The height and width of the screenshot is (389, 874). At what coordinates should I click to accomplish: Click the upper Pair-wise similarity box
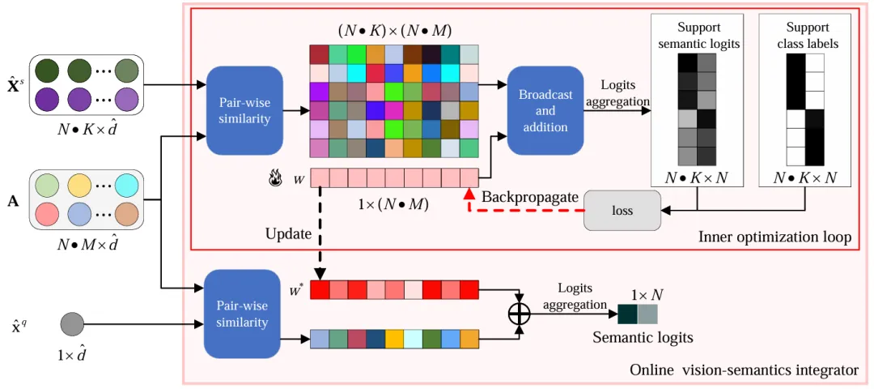coord(244,111)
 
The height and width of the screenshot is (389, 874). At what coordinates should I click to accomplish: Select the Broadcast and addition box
coord(545,111)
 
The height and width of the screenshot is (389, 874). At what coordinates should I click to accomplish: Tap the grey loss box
coord(622,210)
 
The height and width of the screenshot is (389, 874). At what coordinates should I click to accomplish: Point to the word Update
coord(288,234)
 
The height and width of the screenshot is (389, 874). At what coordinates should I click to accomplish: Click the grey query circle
coord(72,325)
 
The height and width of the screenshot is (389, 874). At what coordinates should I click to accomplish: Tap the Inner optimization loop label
coord(774,237)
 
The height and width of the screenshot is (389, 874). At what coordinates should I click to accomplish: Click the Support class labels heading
coord(808,36)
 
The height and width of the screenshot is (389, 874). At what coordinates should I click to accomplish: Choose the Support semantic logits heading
coord(698,36)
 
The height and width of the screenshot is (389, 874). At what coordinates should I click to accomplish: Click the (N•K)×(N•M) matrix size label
coord(394,31)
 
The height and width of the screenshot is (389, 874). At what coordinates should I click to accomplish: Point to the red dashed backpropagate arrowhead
coord(469,194)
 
